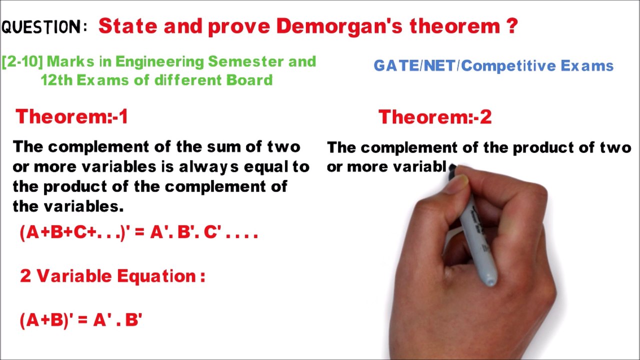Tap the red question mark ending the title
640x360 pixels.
[x=511, y=26]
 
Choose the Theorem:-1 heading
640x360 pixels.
[x=71, y=117]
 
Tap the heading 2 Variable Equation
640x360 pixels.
[x=112, y=276]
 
